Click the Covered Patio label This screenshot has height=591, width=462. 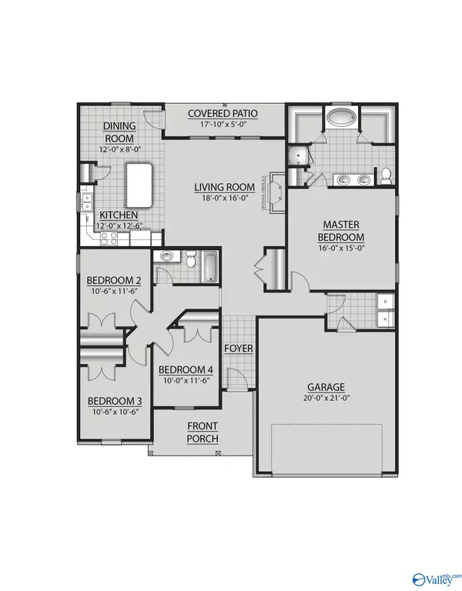pyautogui.click(x=223, y=114)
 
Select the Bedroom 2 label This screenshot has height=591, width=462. pyautogui.click(x=113, y=280)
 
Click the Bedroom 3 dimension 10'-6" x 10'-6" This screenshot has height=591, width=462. pyautogui.click(x=113, y=412)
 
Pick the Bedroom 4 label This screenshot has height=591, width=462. pyautogui.click(x=186, y=370)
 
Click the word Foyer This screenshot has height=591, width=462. pyautogui.click(x=238, y=349)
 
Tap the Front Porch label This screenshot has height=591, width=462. pyautogui.click(x=203, y=432)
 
